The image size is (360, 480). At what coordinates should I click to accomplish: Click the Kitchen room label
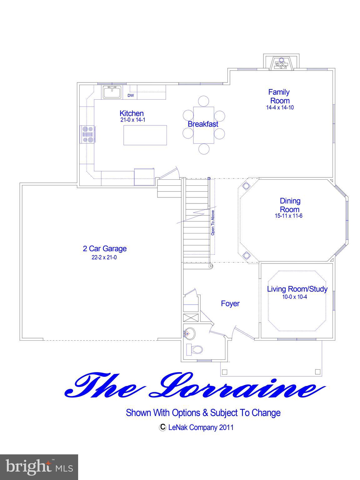pyautogui.click(x=132, y=113)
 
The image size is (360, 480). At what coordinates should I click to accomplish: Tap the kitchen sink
pyautogui.click(x=112, y=92)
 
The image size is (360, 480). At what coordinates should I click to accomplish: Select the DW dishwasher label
pyautogui.click(x=131, y=95)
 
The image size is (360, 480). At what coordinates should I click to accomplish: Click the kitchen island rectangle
pyautogui.click(x=145, y=135)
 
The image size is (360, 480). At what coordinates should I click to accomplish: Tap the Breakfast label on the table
pyautogui.click(x=203, y=124)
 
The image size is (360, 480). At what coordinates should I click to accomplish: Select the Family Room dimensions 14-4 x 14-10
pyautogui.click(x=280, y=107)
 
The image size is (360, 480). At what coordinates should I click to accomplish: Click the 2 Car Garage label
pyautogui.click(x=105, y=249)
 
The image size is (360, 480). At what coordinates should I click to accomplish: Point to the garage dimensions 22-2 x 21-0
pyautogui.click(x=104, y=258)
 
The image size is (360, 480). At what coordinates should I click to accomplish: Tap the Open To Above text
pyautogui.click(x=212, y=222)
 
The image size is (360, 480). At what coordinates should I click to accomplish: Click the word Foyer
pyautogui.click(x=230, y=303)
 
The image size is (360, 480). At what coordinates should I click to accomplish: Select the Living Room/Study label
pyautogui.click(x=297, y=289)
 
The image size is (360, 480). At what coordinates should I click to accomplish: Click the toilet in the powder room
pyautogui.click(x=195, y=349)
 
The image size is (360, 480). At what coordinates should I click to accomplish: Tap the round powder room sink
pyautogui.click(x=189, y=334)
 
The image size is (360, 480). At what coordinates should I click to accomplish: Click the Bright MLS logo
pyautogui.click(x=39, y=467)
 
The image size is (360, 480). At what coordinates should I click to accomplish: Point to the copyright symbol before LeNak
pyautogui.click(x=162, y=427)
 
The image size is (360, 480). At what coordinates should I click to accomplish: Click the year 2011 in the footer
pyautogui.click(x=226, y=427)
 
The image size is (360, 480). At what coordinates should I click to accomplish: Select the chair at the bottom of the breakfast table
pyautogui.click(x=203, y=148)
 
